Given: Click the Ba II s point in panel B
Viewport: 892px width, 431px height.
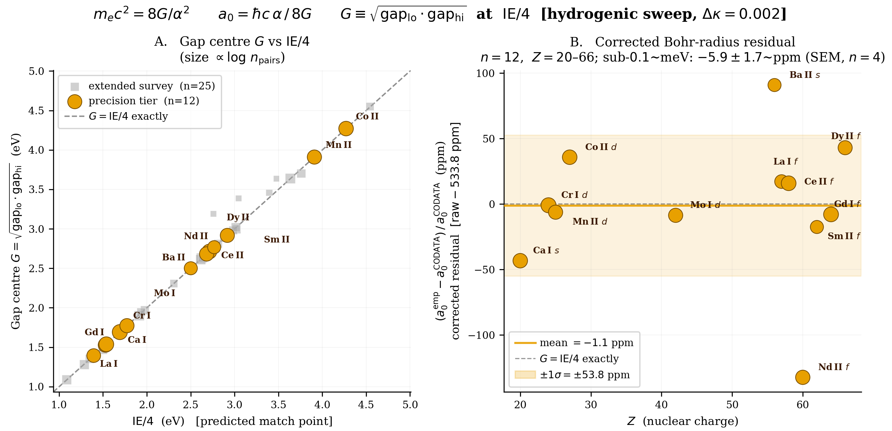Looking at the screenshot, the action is coord(774,85).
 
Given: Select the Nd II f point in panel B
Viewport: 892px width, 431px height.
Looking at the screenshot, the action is coord(803,377).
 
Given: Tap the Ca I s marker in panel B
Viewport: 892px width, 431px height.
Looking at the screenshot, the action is coord(520,260).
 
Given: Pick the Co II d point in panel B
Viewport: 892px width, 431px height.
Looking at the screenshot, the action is coord(569,157).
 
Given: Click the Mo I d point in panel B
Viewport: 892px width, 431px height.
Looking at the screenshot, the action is coord(676,215).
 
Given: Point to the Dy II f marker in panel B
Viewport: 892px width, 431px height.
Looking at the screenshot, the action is coord(845,148).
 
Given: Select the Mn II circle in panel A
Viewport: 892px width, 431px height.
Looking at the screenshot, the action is coord(314,157).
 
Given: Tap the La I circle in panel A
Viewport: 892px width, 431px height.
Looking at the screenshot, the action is coord(93,355).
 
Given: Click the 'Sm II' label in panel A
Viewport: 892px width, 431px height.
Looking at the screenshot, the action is coord(277,239).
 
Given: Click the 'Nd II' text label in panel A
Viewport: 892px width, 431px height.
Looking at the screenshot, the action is coord(196,236).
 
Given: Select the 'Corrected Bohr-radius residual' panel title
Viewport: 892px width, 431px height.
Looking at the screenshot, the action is coord(695,42).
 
